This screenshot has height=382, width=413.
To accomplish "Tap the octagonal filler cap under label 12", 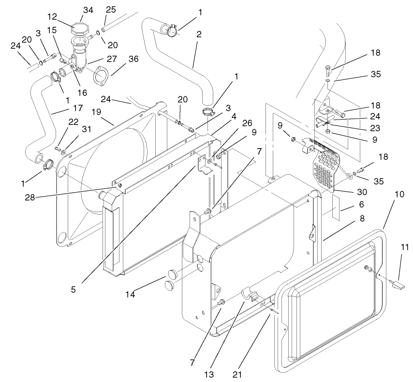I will [80, 30].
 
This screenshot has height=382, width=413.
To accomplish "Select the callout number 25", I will [111, 10].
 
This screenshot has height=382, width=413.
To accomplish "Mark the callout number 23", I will [375, 128].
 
